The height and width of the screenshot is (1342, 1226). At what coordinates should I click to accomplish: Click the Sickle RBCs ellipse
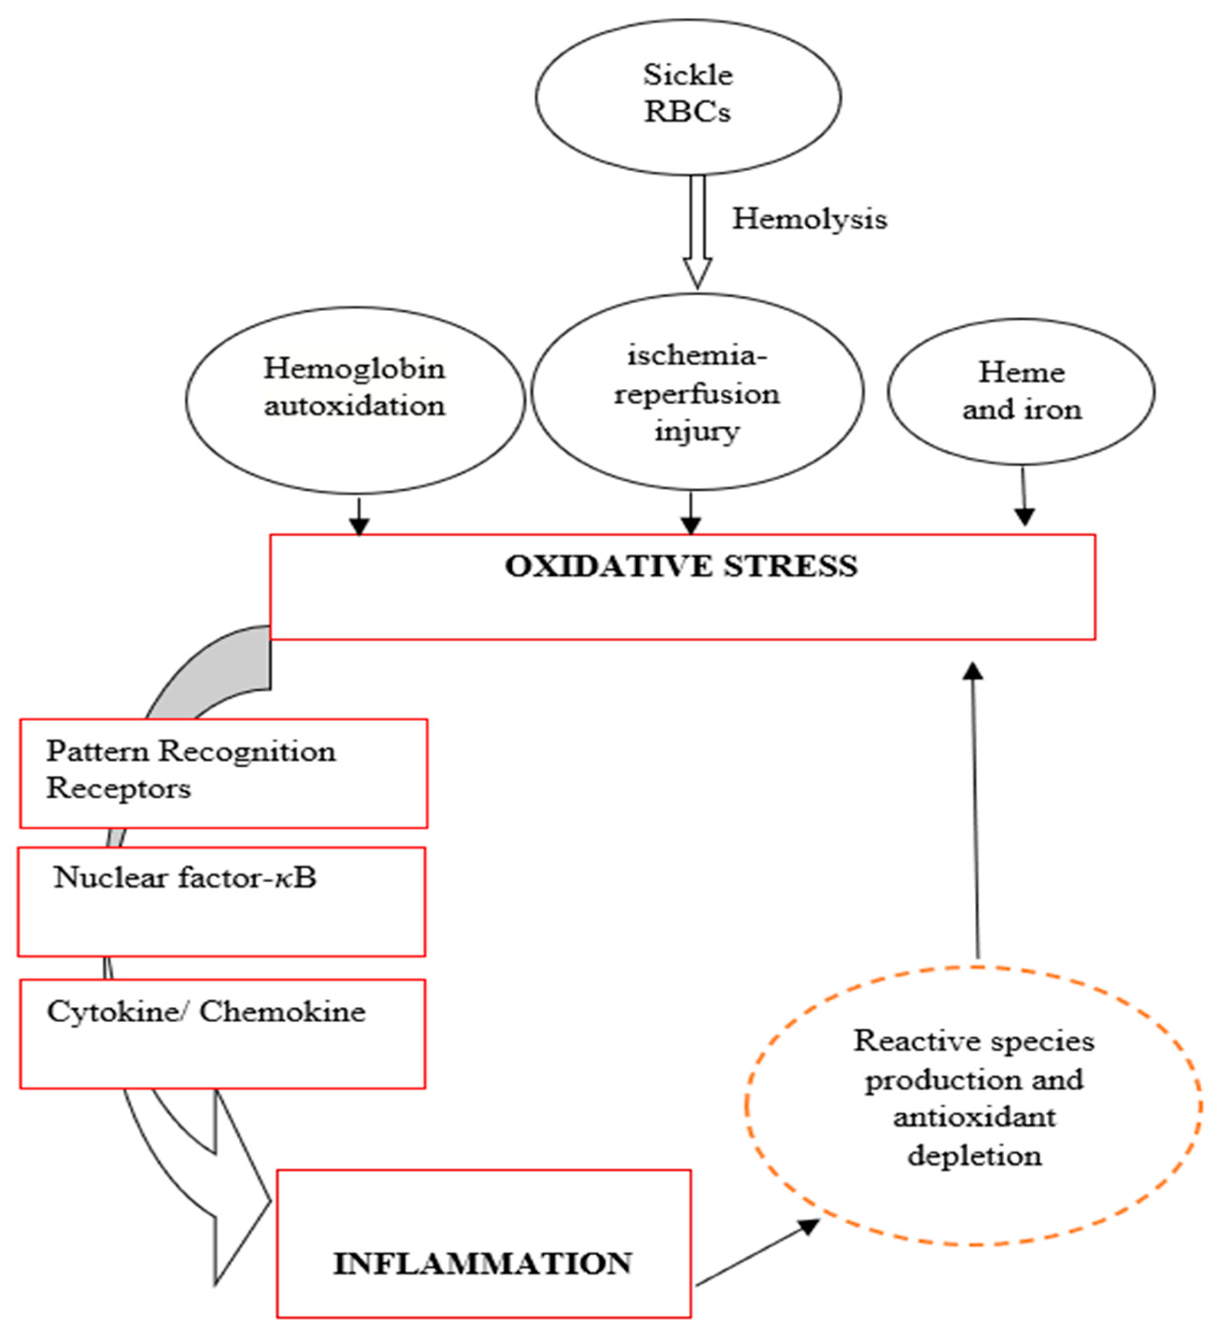(x=687, y=97)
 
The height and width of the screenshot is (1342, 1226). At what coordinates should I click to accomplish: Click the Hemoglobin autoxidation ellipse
(x=354, y=399)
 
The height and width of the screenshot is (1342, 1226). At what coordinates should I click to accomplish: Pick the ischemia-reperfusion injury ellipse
(x=697, y=393)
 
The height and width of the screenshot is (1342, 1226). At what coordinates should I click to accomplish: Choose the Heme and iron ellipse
(x=1021, y=391)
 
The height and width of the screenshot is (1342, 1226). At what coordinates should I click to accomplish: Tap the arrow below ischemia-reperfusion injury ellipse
(x=691, y=514)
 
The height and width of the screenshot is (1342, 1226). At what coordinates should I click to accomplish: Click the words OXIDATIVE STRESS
(x=681, y=566)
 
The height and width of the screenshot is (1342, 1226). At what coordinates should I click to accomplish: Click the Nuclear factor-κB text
(x=185, y=878)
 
